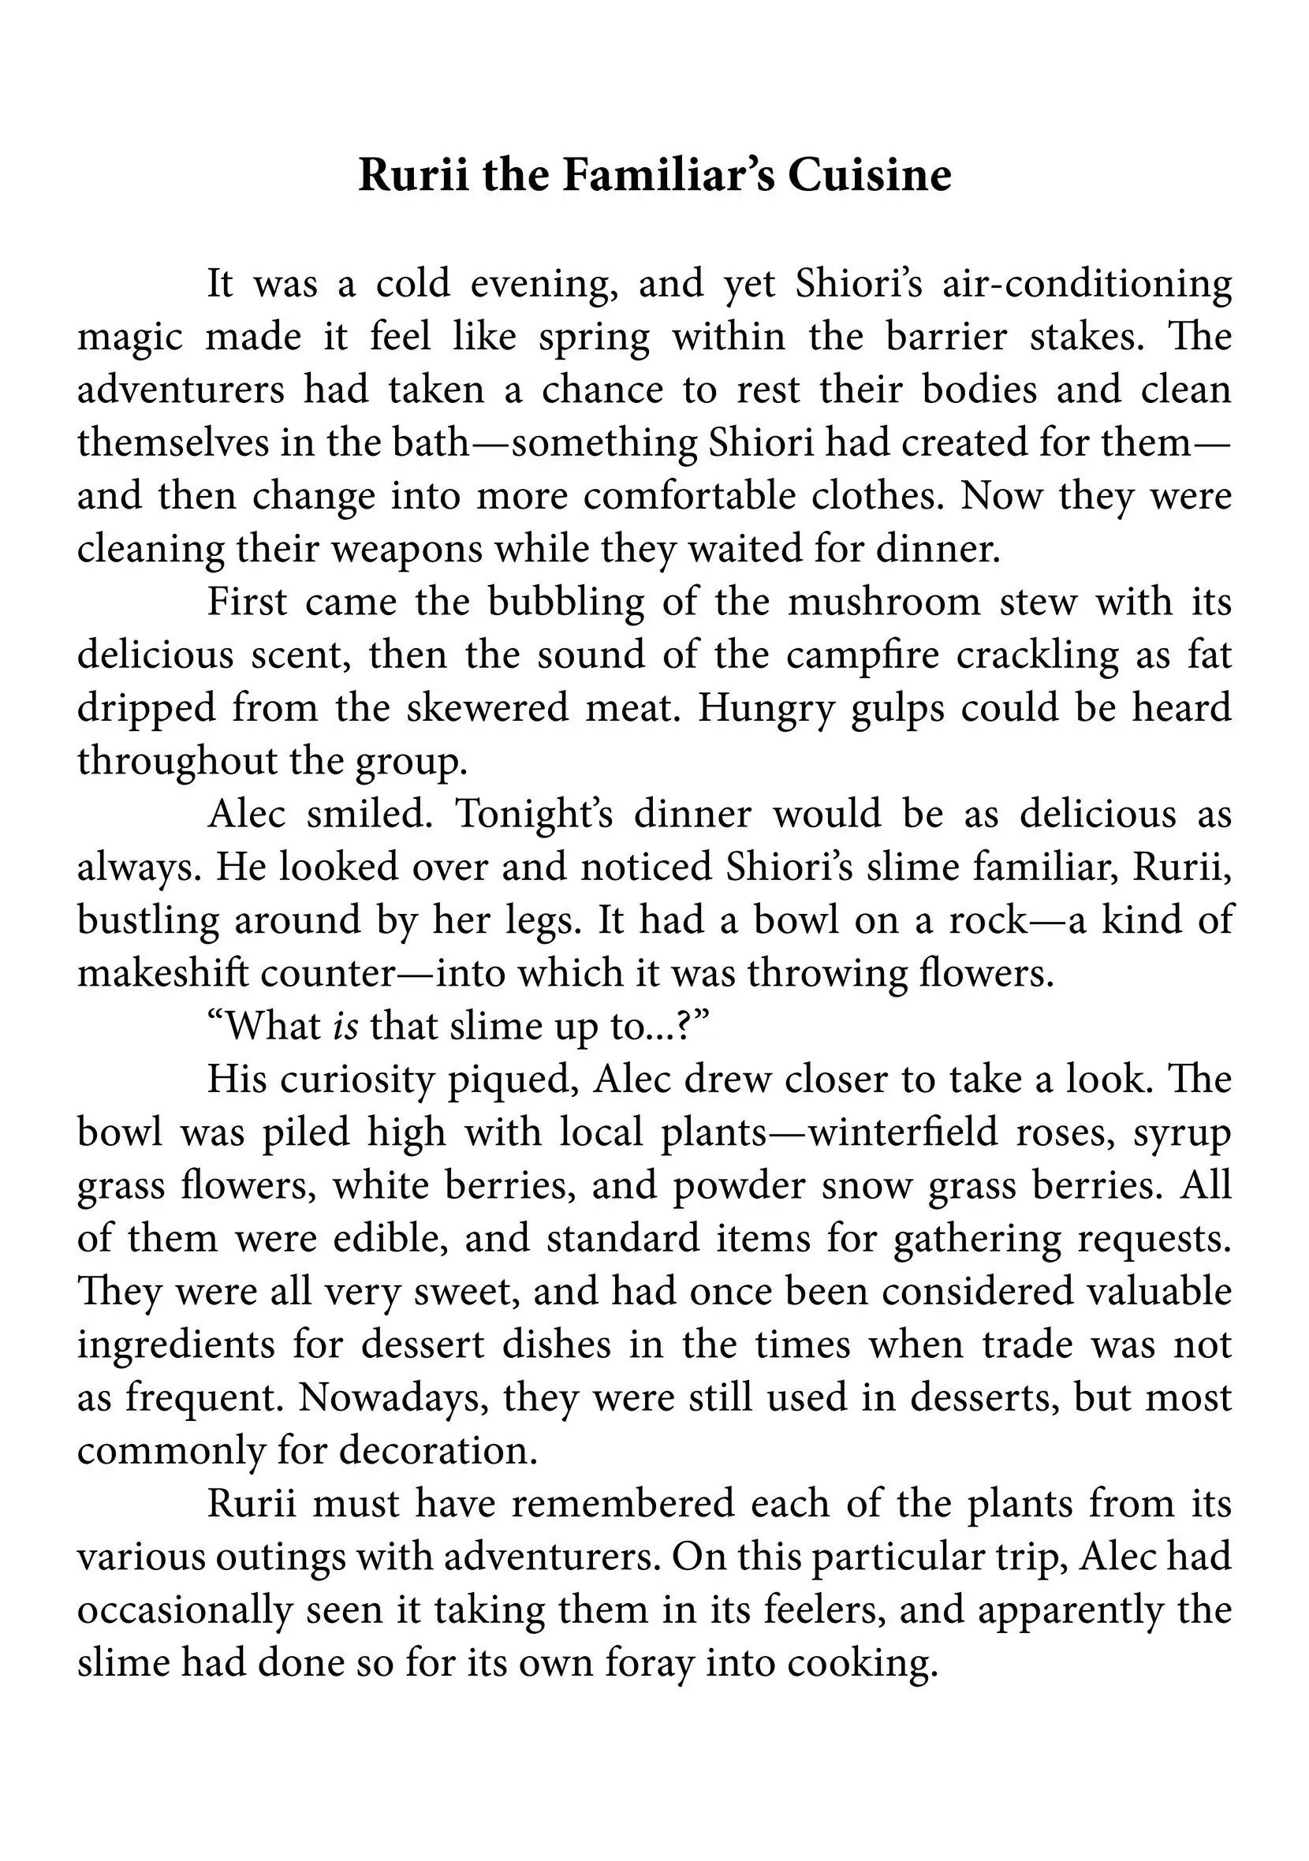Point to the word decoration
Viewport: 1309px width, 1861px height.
click(x=438, y=1450)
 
